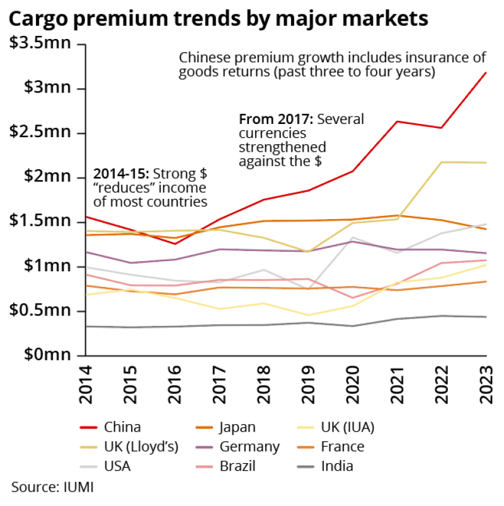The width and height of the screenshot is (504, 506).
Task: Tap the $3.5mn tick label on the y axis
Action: [x=40, y=44]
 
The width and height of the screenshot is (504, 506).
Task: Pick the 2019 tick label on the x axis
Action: [x=309, y=385]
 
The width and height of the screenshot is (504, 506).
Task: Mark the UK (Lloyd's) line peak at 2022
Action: [x=442, y=162]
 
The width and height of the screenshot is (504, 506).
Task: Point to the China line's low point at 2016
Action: [x=175, y=244]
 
